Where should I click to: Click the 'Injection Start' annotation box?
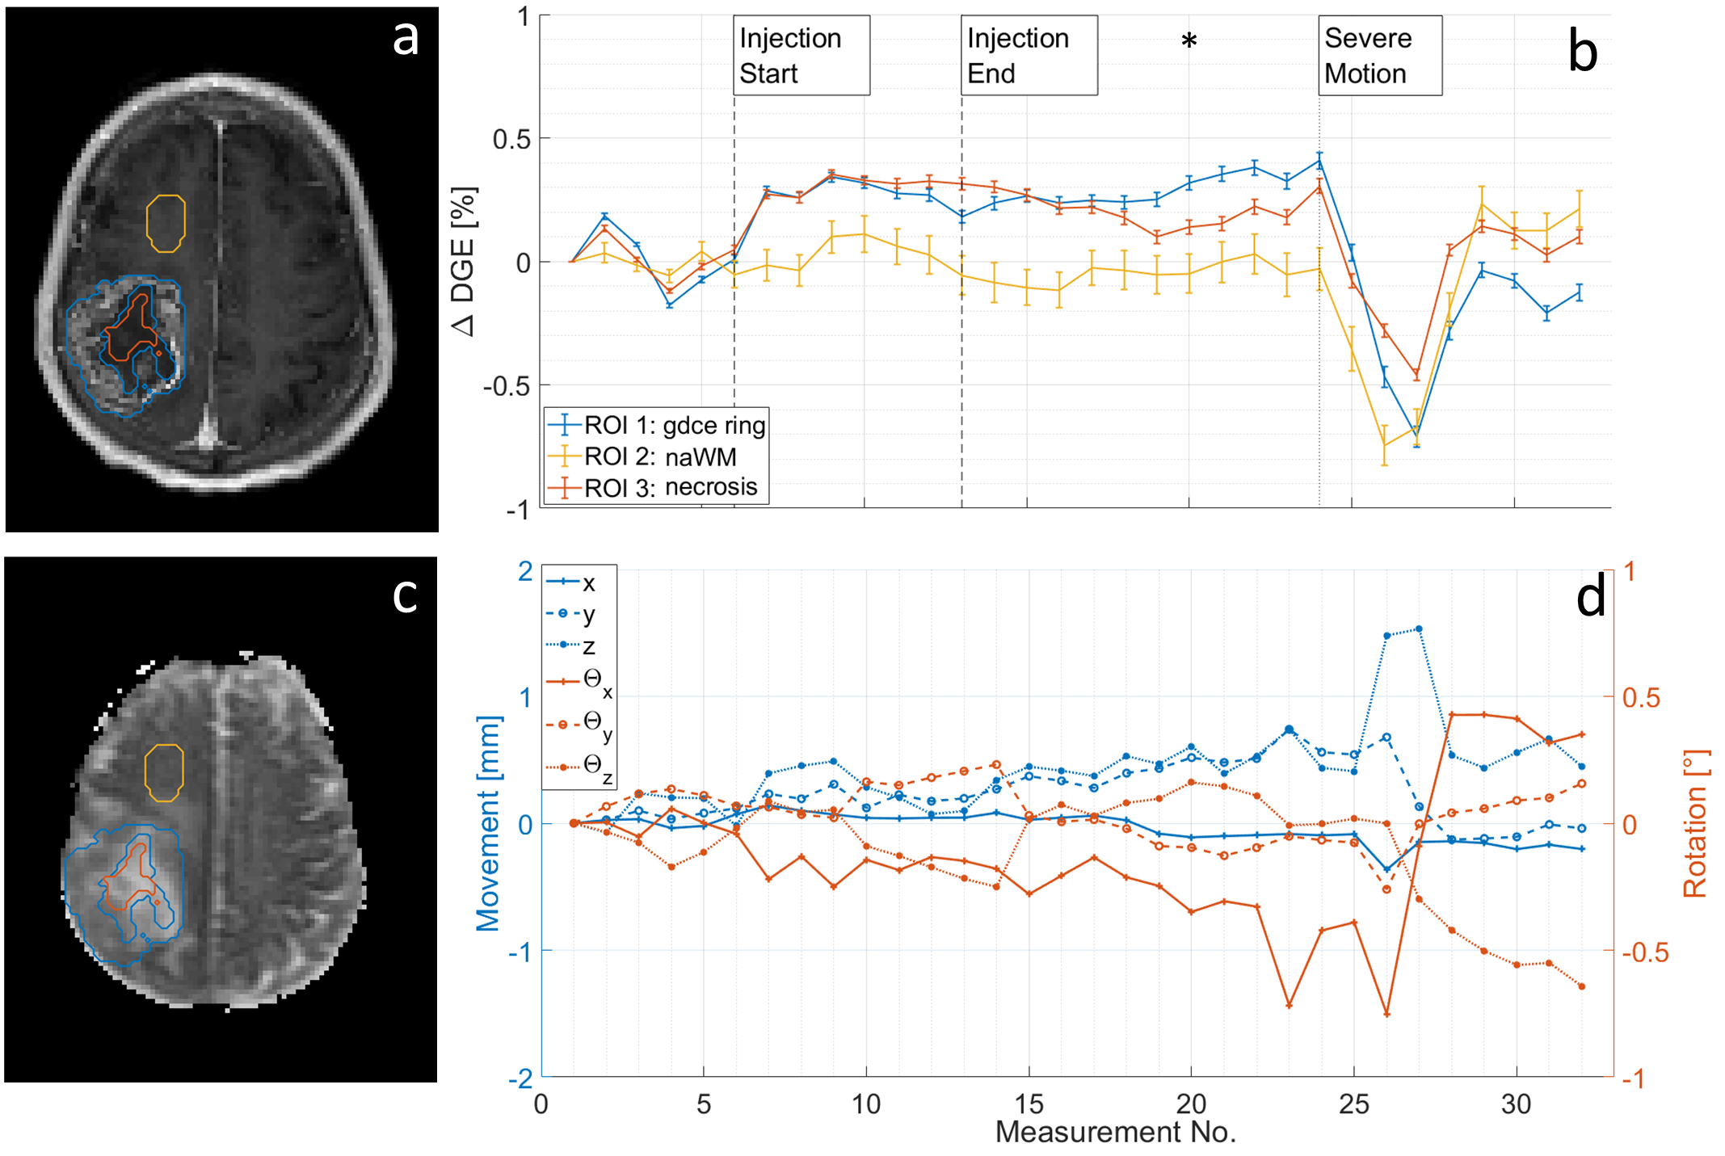pos(801,56)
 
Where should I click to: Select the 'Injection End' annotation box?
pos(1029,56)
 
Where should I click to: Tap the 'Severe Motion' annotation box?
pos(1380,56)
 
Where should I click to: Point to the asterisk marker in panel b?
pos(1189,41)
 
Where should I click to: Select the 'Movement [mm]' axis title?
pos(488,823)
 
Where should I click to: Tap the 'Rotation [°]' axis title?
pos(1695,823)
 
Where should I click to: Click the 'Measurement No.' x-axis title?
pos(1115,1133)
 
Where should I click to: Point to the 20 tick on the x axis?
pos(1190,1103)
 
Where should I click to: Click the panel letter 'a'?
pos(406,37)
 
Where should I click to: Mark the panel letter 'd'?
pos(1590,598)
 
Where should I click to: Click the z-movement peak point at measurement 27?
pos(1419,628)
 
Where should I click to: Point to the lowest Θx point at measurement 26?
pos(1386,1014)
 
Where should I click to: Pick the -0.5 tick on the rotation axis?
pos(1645,952)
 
